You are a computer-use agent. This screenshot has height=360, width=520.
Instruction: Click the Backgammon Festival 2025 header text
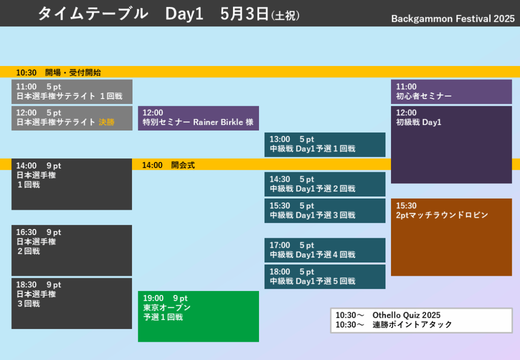(x=452, y=19)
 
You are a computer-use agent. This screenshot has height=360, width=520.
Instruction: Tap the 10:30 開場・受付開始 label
(x=59, y=73)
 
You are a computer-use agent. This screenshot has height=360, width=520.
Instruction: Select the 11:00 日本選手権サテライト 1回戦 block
(x=72, y=91)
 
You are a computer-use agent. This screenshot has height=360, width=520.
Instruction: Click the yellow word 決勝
(x=107, y=122)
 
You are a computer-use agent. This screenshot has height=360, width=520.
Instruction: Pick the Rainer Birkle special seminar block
(x=199, y=118)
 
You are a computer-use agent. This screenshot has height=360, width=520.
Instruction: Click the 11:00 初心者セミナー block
(x=451, y=91)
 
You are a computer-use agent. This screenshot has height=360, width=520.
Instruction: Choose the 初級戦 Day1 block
(x=451, y=145)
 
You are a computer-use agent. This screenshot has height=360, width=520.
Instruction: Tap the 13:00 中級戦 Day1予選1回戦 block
(x=325, y=145)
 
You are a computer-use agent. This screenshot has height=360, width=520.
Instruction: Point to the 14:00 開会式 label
(x=169, y=165)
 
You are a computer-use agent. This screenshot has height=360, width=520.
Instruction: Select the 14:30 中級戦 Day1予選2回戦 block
(x=325, y=184)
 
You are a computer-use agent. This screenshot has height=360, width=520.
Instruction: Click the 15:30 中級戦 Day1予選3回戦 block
(x=325, y=211)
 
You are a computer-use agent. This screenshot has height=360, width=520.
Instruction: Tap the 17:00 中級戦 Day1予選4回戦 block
(x=325, y=250)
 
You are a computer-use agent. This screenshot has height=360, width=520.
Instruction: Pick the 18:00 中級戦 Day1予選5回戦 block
(x=325, y=277)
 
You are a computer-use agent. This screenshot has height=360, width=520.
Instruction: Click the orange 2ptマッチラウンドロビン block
(x=451, y=237)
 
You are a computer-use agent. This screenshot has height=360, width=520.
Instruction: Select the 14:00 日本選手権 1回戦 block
(x=72, y=184)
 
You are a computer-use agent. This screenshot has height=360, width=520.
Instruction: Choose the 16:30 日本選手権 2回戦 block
(x=72, y=251)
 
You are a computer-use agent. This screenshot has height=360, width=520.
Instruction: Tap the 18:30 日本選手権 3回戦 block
(x=72, y=303)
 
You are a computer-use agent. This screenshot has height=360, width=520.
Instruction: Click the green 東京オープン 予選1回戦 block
(x=199, y=316)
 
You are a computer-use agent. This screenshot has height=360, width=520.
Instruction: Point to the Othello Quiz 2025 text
(x=406, y=315)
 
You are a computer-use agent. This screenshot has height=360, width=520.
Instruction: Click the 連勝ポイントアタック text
(x=412, y=324)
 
